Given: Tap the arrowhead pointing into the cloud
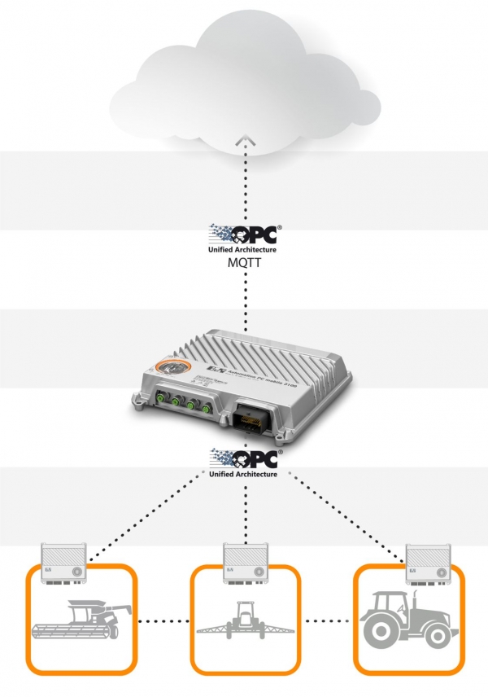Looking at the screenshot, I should click(x=245, y=143).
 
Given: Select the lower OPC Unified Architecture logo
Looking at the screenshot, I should click(x=245, y=462).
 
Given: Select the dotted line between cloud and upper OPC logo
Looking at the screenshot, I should click(x=245, y=187).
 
